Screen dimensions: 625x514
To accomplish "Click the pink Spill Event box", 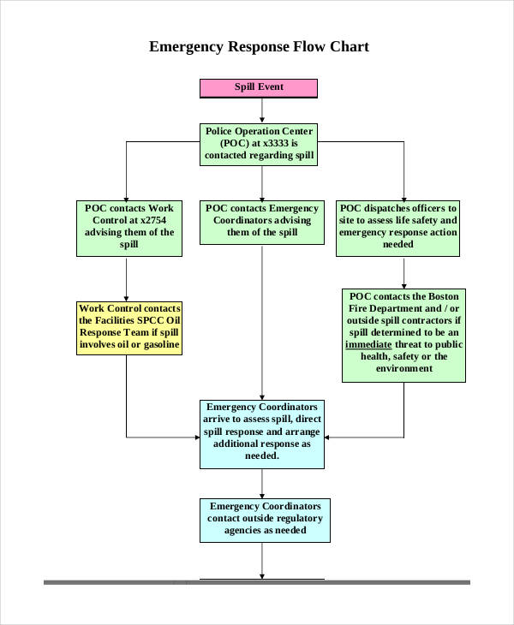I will coord(259,88).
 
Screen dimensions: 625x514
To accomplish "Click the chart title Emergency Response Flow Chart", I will coord(259,46).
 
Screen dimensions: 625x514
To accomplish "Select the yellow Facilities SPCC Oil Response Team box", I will coord(129,327).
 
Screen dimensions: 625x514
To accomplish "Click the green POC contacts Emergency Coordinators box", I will coord(262,221).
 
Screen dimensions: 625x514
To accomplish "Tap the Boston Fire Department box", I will coord(403,334).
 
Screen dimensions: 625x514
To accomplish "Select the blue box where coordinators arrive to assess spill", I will coord(262,433).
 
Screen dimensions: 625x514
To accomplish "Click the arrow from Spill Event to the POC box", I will coord(261,110).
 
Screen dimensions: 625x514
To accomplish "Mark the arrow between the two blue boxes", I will coord(261,484).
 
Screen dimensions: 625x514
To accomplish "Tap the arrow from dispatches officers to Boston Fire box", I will coord(403,272).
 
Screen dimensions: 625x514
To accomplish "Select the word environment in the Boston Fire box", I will coord(403,368).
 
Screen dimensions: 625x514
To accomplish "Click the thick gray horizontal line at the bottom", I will coord(257,583).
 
